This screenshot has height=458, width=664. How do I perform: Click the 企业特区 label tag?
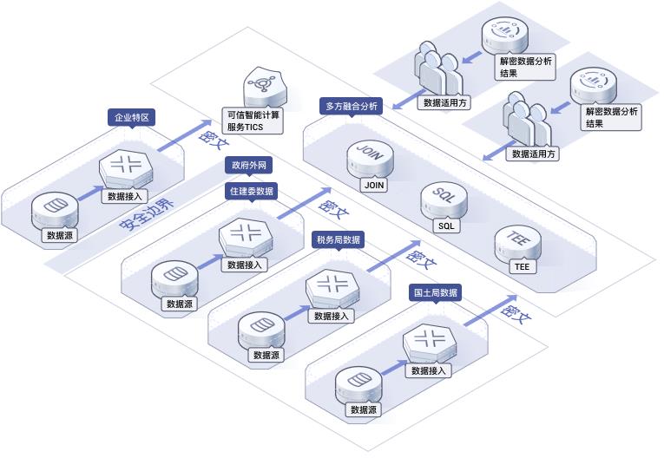[132, 117]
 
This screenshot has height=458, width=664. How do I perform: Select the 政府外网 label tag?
[248, 165]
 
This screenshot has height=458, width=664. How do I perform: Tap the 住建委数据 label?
[252, 191]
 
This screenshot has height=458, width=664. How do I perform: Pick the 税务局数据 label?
[339, 240]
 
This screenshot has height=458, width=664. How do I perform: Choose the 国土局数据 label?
[436, 292]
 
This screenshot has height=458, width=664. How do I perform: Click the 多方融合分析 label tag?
[351, 106]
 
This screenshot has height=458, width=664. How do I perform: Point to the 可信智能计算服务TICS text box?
[253, 121]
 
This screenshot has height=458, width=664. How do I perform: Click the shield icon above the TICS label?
[265, 89]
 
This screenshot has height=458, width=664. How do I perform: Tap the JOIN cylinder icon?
[370, 159]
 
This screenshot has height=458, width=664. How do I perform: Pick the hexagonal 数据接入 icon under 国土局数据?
[430, 342]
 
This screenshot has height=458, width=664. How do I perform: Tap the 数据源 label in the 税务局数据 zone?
[266, 355]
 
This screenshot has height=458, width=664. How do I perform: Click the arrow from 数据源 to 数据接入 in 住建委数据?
[209, 261]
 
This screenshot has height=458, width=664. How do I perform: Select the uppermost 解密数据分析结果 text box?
[525, 67]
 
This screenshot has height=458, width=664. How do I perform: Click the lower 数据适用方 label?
[533, 154]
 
